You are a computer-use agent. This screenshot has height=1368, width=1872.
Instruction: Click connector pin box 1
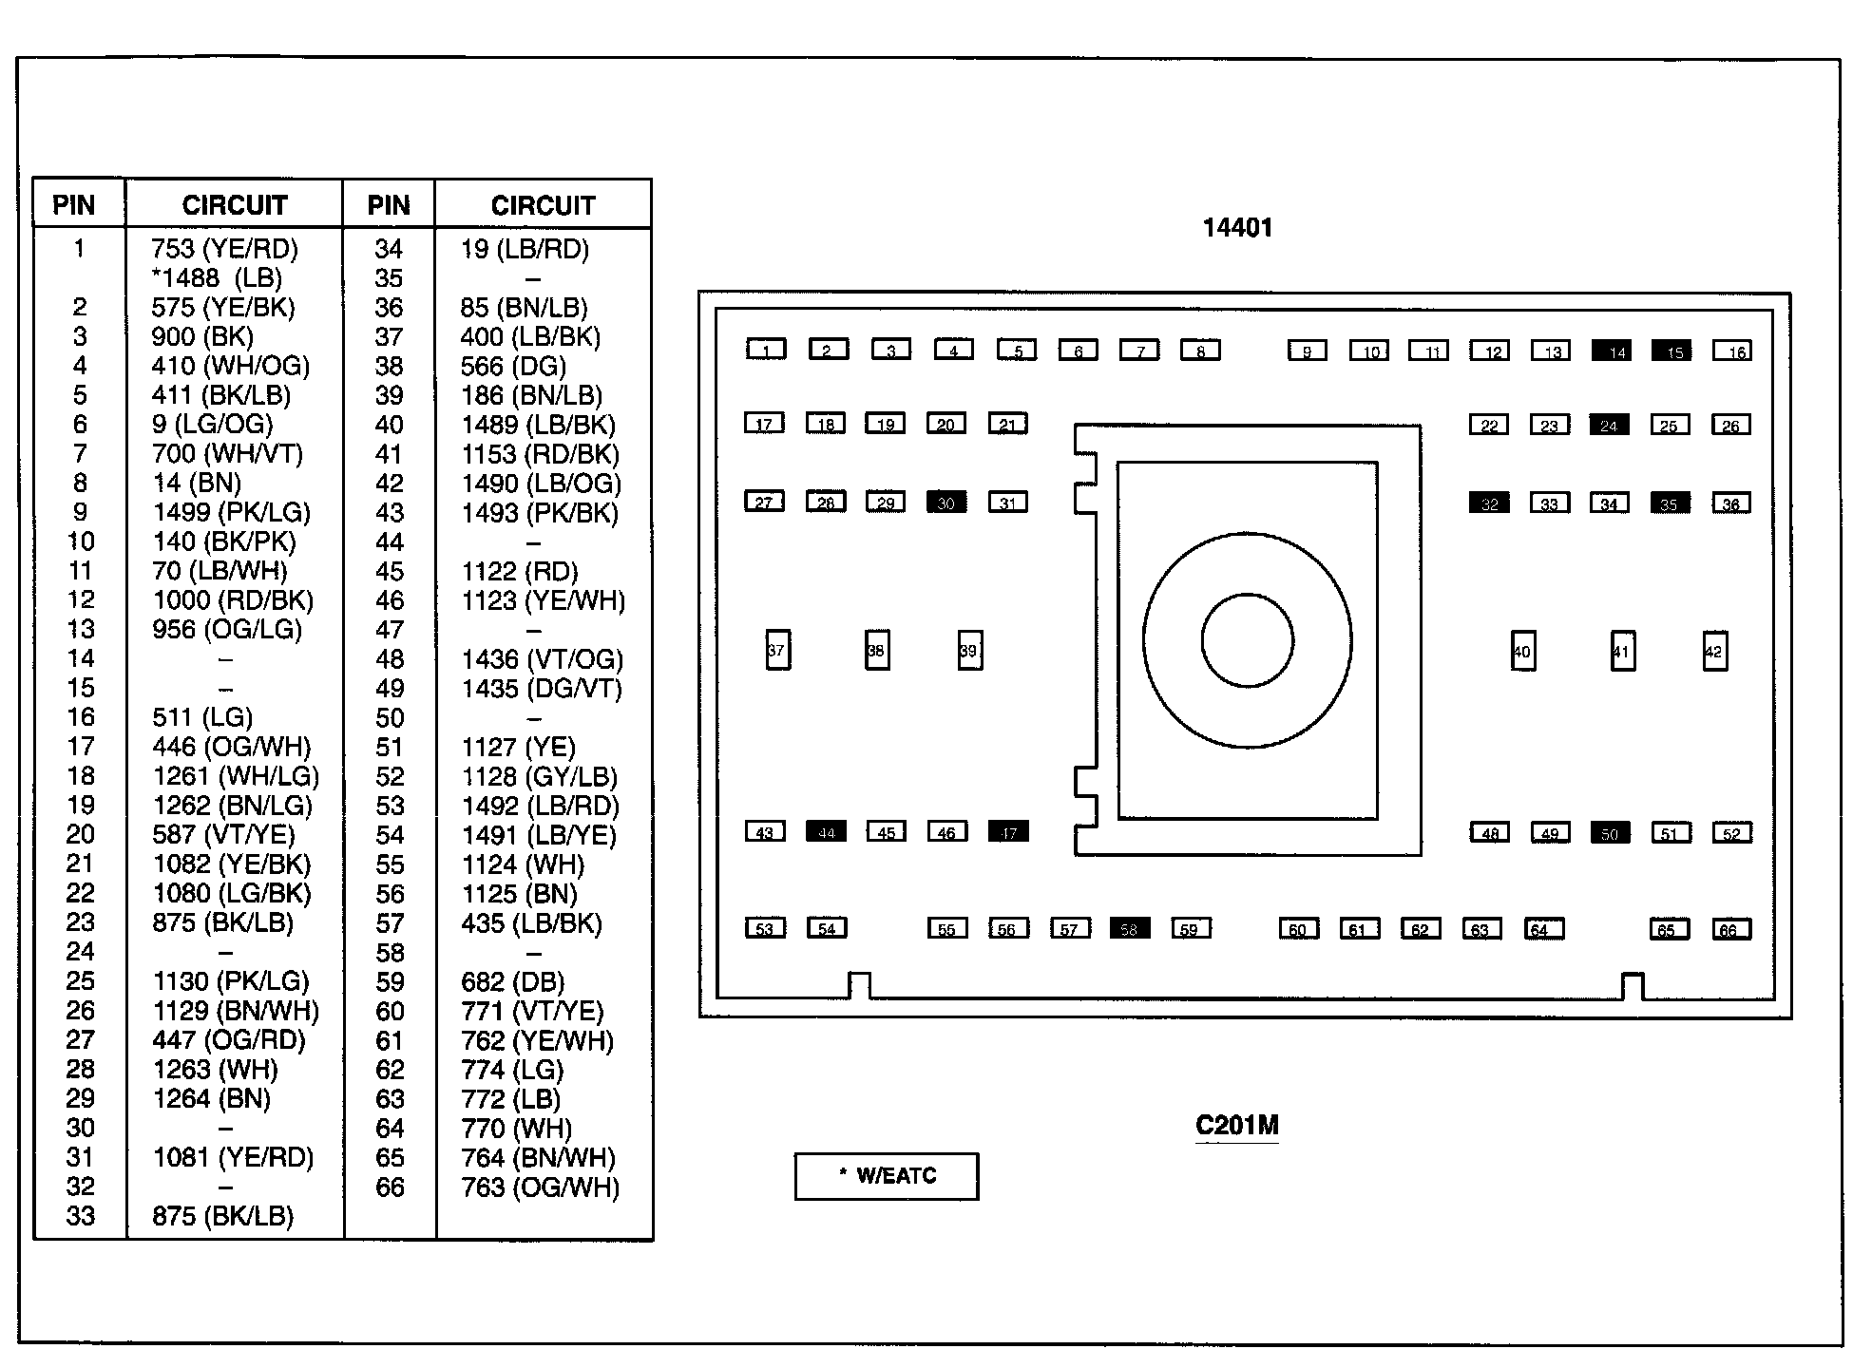[x=766, y=350]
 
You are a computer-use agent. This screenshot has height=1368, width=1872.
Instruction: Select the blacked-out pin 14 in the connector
[x=1612, y=351]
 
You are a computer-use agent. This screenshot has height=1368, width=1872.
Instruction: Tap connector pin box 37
[x=777, y=651]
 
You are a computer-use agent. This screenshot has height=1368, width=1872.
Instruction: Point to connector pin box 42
[x=1714, y=652]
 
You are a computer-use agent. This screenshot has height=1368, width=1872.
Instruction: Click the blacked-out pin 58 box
[x=1130, y=928]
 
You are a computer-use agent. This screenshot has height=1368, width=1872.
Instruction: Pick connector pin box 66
[x=1730, y=929]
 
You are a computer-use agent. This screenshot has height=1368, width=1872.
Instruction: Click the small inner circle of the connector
[x=1247, y=640]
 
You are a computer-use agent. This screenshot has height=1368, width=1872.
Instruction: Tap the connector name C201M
[x=1236, y=1126]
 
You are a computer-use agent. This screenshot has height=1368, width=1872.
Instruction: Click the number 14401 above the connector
[x=1236, y=228]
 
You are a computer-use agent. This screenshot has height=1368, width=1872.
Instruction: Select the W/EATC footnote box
[x=886, y=1176]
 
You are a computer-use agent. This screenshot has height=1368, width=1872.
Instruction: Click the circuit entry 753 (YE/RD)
[x=224, y=249]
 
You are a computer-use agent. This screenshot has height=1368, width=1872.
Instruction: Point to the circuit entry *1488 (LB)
[x=217, y=278]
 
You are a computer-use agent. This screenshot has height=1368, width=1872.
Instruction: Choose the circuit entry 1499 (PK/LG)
[x=231, y=513]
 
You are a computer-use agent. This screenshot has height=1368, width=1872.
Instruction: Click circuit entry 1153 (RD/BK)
[x=540, y=454]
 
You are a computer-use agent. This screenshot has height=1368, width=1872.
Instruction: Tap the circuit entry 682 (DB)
[x=512, y=982]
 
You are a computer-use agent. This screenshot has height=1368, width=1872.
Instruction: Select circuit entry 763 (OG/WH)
[x=540, y=1187]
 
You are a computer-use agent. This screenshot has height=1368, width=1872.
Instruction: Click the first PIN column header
[x=74, y=205]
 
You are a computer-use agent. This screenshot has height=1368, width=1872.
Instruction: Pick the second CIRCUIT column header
[x=543, y=205]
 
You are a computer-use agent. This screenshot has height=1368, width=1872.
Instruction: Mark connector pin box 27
[x=764, y=502]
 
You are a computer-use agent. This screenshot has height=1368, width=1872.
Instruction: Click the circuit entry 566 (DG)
[x=513, y=367]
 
